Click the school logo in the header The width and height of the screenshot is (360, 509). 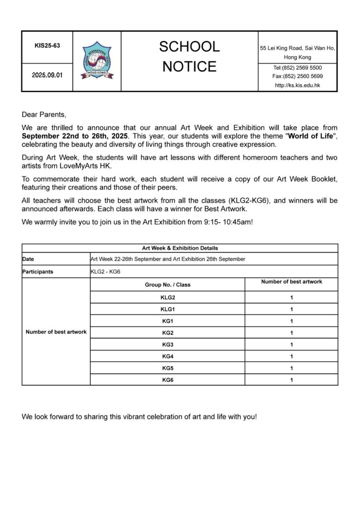[96, 61]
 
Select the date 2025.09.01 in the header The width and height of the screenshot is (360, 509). [47, 76]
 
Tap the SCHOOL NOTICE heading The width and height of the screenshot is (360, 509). [189, 56]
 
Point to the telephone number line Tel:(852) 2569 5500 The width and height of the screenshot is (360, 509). [297, 67]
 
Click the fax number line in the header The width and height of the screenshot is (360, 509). [297, 76]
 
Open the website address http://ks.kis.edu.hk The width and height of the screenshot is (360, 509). [297, 85]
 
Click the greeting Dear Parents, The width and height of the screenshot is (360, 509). [44, 115]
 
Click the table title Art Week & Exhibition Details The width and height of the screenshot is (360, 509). [180, 248]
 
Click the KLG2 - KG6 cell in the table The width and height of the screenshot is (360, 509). [104, 272]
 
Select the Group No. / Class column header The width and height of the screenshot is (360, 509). [168, 285]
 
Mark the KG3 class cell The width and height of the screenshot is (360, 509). [168, 344]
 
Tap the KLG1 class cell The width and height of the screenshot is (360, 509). [168, 309]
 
